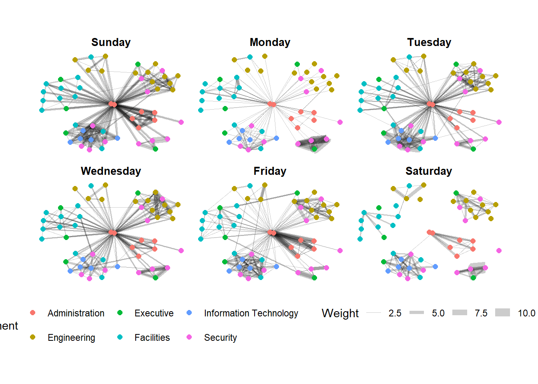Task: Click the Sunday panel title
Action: (111, 42)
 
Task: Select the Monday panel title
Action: (270, 42)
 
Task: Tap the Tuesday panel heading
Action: (429, 42)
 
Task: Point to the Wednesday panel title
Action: (111, 171)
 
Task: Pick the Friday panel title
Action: (270, 171)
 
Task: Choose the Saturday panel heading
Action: (429, 171)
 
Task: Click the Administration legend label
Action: (76, 313)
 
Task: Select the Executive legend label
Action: (154, 313)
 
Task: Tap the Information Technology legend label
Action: (251, 313)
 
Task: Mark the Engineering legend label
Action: (71, 338)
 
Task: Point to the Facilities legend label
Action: (152, 338)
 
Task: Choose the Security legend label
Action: (221, 338)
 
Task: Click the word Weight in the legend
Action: (340, 313)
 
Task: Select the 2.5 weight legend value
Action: (395, 313)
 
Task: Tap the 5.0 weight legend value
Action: (438, 313)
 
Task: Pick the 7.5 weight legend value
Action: (481, 313)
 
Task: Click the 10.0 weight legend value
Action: (526, 313)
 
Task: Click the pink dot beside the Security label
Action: (189, 337)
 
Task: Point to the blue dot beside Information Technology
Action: (189, 313)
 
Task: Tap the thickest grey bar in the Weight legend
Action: (502, 313)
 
